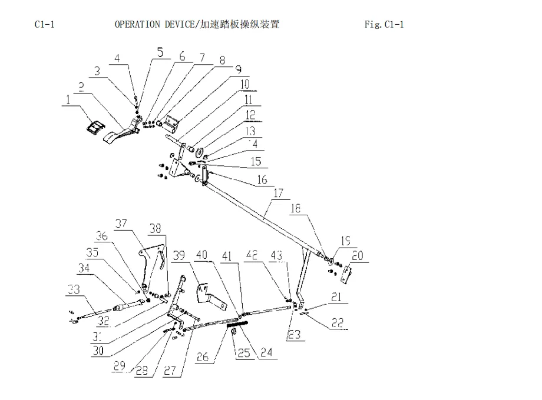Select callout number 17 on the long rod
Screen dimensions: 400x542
[279, 193]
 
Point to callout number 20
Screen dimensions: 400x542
[358, 256]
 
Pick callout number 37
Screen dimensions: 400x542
[122, 223]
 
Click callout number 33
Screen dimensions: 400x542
[74, 289]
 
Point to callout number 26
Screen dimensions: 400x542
[203, 356]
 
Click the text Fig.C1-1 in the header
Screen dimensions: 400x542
[384, 24]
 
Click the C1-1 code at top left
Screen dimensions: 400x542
[45, 24]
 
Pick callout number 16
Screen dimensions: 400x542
[261, 179]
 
